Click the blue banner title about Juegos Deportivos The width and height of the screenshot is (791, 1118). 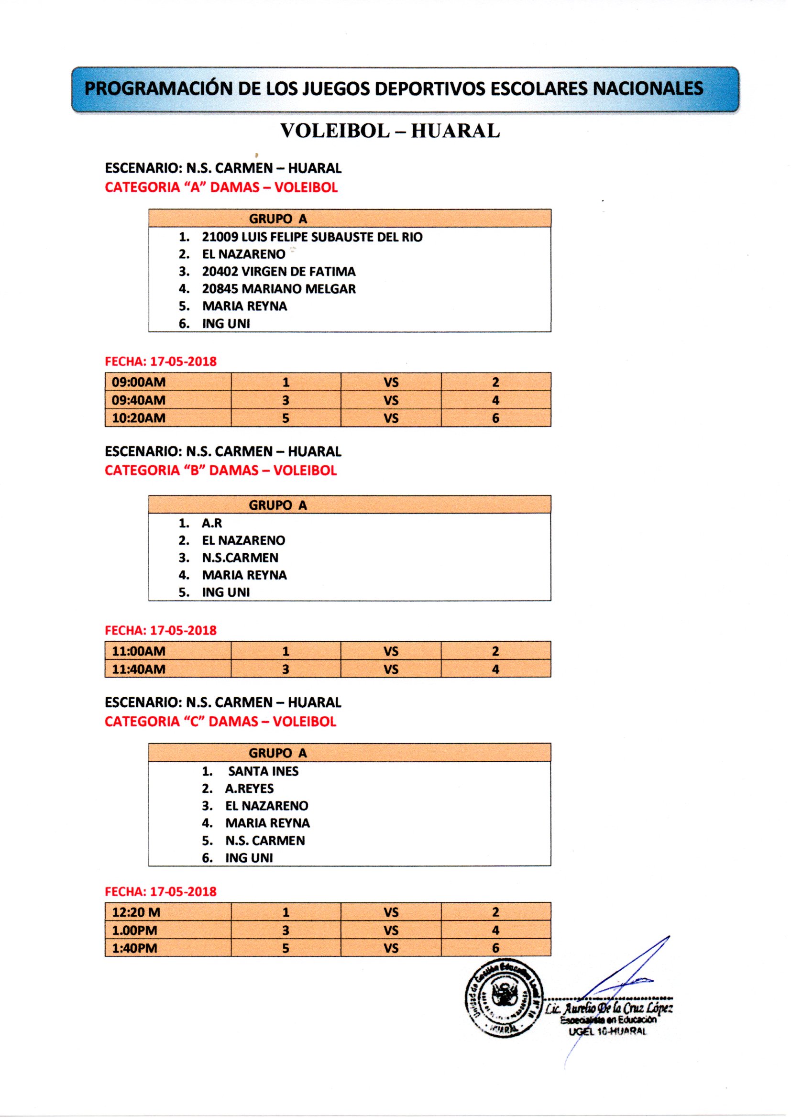[395, 88]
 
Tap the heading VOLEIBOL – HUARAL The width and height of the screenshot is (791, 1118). [390, 131]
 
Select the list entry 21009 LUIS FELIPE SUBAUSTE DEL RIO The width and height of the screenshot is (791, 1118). [312, 237]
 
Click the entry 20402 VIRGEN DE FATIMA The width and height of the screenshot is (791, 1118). [279, 272]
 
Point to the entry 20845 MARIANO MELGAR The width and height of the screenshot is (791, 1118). [279, 289]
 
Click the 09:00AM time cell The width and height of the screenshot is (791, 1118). [139, 382]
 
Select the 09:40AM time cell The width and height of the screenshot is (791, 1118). [139, 400]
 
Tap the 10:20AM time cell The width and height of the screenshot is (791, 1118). [139, 418]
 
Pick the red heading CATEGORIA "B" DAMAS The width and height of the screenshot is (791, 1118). [220, 471]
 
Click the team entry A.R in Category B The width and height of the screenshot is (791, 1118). [212, 523]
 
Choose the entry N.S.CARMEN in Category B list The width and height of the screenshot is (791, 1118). [240, 558]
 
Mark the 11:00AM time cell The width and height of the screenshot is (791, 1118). [139, 651]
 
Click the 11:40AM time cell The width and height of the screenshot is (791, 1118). [139, 669]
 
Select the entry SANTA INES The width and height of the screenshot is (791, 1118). [263, 771]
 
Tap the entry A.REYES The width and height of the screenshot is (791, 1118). [249, 789]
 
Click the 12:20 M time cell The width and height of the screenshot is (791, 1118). [136, 912]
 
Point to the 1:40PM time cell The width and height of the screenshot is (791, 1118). [135, 948]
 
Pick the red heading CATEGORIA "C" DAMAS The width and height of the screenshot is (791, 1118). [220, 721]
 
